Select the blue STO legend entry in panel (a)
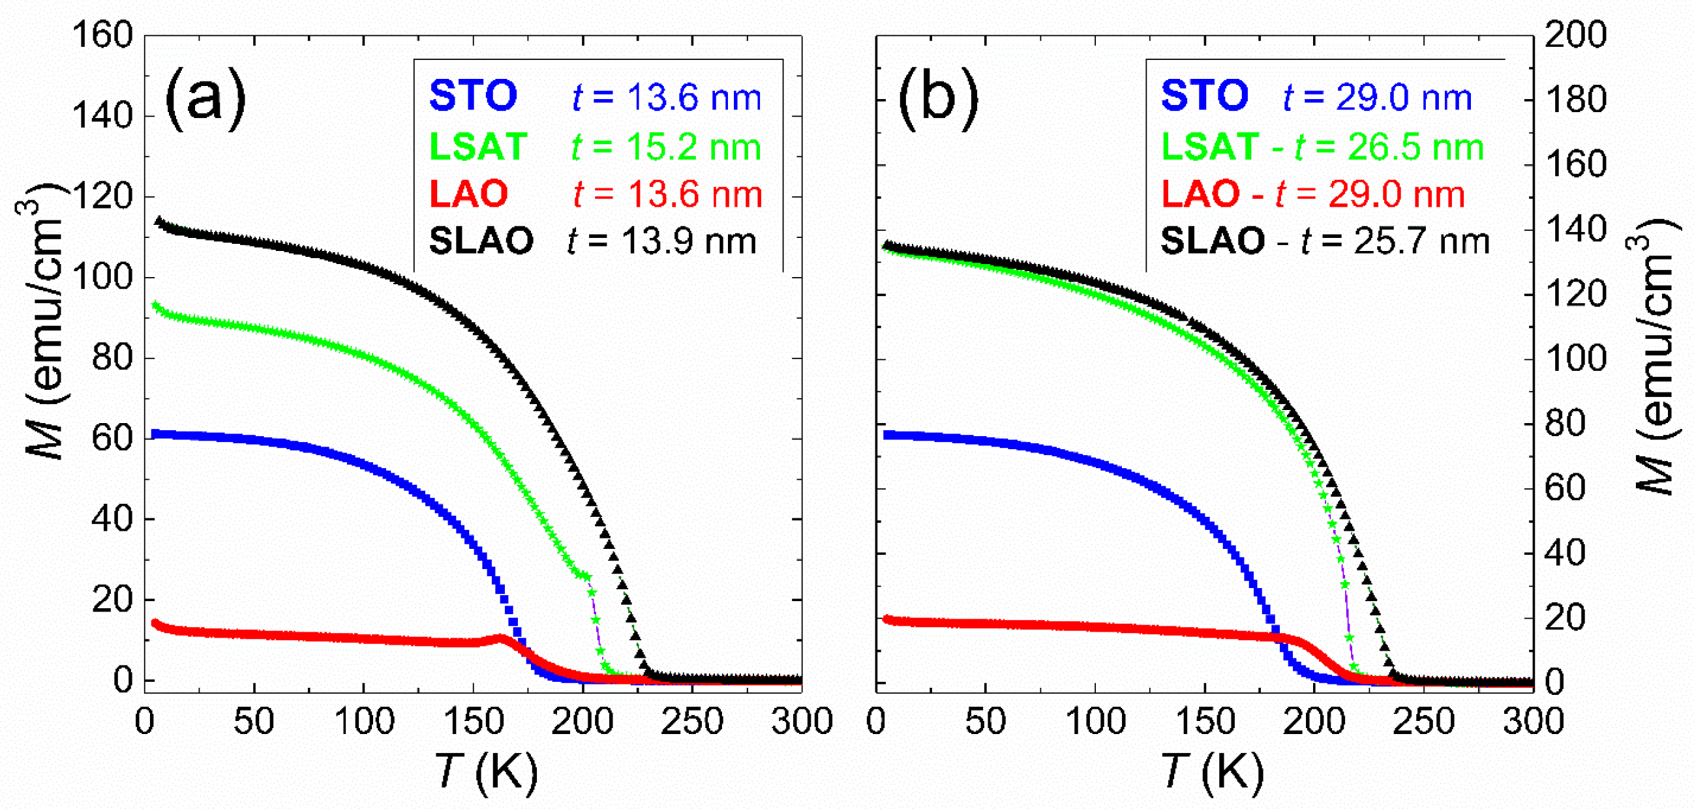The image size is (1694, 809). pyautogui.click(x=473, y=96)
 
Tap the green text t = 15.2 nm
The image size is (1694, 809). pyautogui.click(x=666, y=147)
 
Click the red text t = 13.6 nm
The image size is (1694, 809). pyautogui.click(x=667, y=195)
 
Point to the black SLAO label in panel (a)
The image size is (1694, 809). pyautogui.click(x=481, y=241)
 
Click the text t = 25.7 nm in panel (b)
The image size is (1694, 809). pyautogui.click(x=1394, y=241)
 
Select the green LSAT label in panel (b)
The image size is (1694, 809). pyautogui.click(x=1209, y=147)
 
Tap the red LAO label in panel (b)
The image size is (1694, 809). pyautogui.click(x=1200, y=195)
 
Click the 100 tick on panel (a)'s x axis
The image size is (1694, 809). pyautogui.click(x=364, y=722)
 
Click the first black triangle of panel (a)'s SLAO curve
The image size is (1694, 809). pyautogui.click(x=159, y=222)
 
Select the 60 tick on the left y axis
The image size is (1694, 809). pyautogui.click(x=112, y=438)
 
